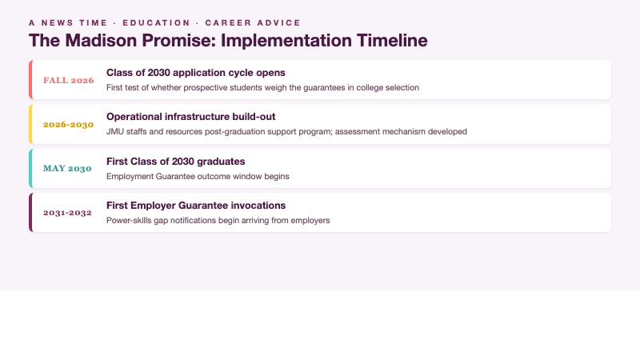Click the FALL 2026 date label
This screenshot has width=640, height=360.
(68, 80)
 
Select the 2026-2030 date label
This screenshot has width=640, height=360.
(68, 125)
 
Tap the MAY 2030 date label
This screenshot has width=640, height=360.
(68, 169)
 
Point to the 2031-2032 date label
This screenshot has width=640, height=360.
(68, 213)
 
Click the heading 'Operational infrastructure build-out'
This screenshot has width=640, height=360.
(190, 117)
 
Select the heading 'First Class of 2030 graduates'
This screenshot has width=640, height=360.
(175, 161)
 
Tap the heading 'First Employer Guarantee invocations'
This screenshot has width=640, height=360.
(196, 206)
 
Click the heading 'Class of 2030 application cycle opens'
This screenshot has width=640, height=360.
(195, 72)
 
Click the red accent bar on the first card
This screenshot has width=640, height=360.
(30, 80)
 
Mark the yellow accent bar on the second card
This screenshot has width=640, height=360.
(30, 124)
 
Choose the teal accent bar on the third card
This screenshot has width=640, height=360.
(30, 169)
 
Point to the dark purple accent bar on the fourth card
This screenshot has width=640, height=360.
(30, 213)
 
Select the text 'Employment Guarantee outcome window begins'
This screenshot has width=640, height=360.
(198, 176)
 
